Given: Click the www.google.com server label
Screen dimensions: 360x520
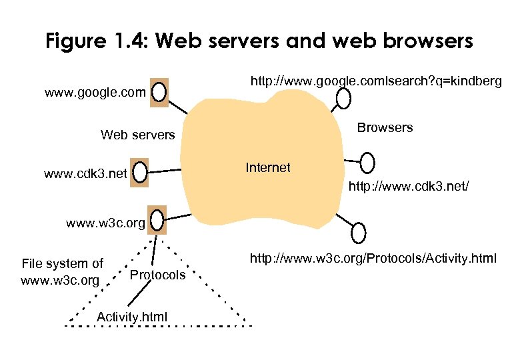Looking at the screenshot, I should pos(95,93).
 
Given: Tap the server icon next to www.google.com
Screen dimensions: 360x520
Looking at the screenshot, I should pos(159,92).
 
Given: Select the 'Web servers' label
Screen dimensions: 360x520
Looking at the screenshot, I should pos(137,135).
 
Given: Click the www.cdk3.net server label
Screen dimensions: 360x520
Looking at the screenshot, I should pos(85,175).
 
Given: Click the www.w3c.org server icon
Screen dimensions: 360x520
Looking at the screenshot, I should pos(157,219).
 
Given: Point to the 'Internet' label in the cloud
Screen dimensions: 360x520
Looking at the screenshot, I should pos(268,167).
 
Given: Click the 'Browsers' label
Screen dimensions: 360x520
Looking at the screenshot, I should pos(385,127).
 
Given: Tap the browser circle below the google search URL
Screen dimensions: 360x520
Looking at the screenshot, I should pos(343,99).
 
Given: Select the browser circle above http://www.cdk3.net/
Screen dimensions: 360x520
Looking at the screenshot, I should pos(367,162).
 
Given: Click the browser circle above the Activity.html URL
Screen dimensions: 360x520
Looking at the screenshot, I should pos(358,233).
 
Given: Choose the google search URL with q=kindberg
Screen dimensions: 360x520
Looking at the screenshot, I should pos(375,81).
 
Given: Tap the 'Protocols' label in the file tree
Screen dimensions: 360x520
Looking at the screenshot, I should pos(157,275).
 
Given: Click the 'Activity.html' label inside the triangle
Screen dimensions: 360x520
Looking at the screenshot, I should pos(132,315).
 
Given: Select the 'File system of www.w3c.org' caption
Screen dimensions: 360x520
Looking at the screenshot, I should pos(62,272).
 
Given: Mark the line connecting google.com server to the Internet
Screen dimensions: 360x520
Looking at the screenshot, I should pos(179,107).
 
